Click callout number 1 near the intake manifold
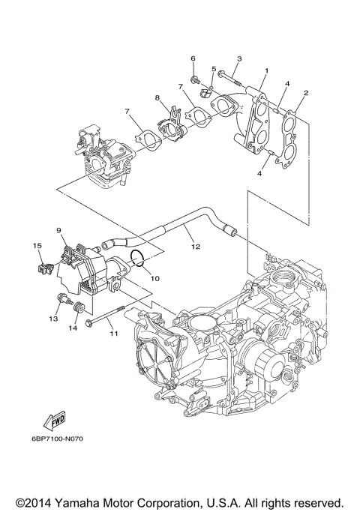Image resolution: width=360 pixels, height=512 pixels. [x=265, y=72]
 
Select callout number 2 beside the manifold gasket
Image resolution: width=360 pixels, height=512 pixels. [x=306, y=93]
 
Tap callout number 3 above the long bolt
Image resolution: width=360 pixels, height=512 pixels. [x=239, y=58]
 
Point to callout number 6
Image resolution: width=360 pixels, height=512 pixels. [x=193, y=58]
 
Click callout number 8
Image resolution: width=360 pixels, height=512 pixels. [x=157, y=97]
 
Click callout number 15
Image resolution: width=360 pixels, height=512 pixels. [x=35, y=245]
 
